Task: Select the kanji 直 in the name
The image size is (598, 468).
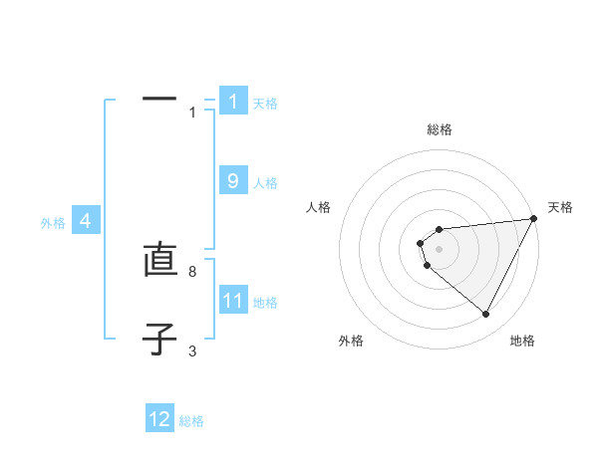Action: coord(159,261)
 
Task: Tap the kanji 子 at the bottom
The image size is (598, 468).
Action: coord(159,339)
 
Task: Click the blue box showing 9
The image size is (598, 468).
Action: coord(233,181)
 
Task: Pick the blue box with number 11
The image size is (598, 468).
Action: coord(233,301)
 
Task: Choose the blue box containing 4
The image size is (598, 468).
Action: coord(86,221)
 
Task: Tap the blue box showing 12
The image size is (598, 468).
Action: coord(159,419)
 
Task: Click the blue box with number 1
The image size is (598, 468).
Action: coord(233,102)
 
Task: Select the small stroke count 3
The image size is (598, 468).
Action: coord(192,351)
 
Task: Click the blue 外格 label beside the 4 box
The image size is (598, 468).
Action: coord(53,223)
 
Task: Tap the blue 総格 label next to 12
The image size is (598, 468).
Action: coord(191,421)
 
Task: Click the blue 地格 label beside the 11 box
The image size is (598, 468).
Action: coord(265,303)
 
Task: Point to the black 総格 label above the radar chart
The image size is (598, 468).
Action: coord(440,129)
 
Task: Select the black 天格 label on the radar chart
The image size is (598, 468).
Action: coord(560,207)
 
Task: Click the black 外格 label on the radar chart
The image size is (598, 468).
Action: coord(351,341)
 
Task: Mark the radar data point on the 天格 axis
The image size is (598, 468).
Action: coord(534,218)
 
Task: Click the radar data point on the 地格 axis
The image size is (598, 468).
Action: coord(486,315)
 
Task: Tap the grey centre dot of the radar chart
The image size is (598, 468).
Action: coord(440,249)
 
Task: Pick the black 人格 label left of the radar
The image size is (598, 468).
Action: coord(319,207)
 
